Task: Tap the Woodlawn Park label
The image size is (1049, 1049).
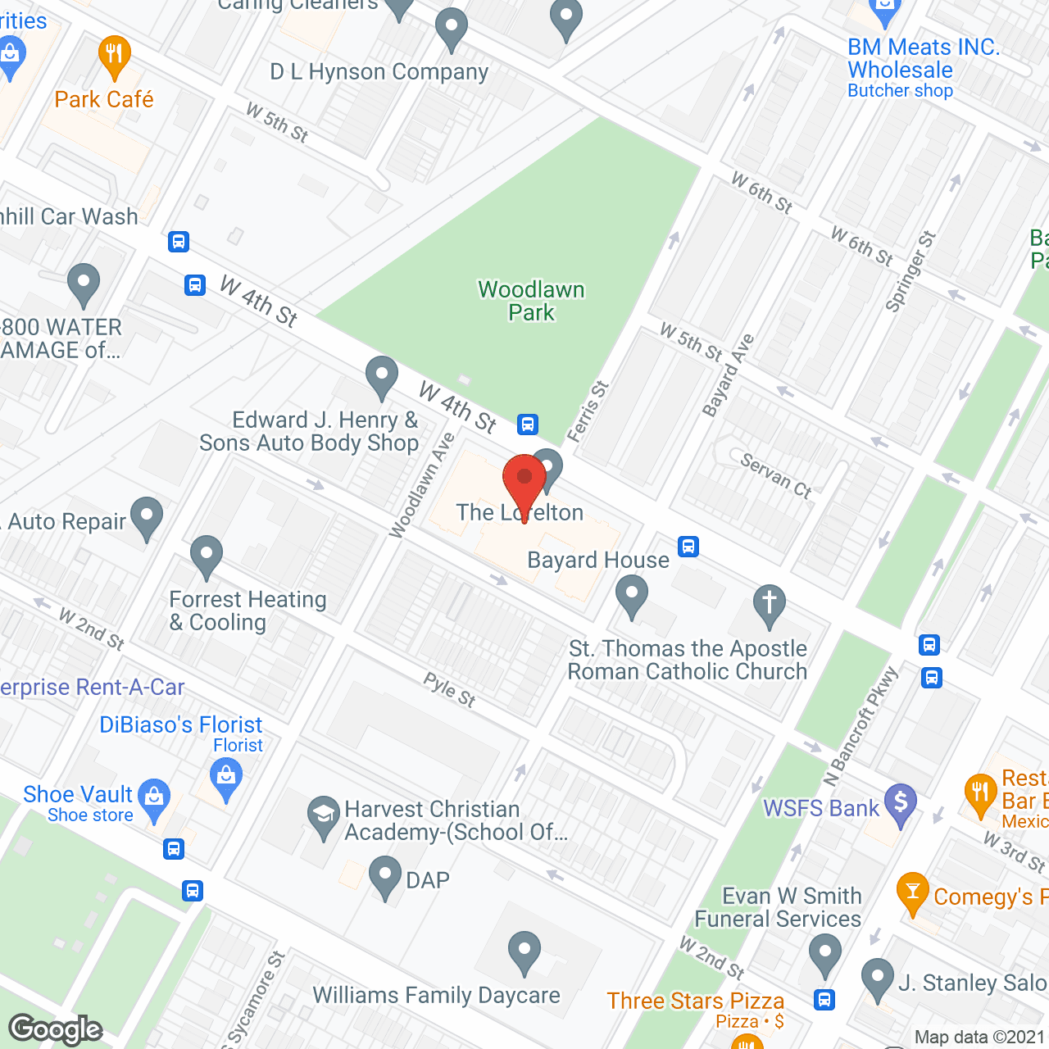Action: (531, 301)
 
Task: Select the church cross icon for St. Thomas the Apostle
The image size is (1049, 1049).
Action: (769, 605)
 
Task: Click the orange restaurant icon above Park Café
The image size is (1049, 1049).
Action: (114, 56)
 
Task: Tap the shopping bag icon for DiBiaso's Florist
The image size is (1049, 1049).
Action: (226, 775)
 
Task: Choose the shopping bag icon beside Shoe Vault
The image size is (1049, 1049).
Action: (154, 797)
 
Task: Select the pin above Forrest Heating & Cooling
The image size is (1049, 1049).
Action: (207, 556)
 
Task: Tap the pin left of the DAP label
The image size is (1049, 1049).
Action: (384, 876)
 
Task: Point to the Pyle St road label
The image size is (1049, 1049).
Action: (449, 689)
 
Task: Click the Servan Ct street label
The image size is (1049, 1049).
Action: (775, 475)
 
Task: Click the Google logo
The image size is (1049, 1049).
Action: (56, 1029)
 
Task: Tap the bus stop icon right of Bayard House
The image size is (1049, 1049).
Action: (688, 547)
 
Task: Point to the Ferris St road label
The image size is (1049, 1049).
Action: (588, 411)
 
